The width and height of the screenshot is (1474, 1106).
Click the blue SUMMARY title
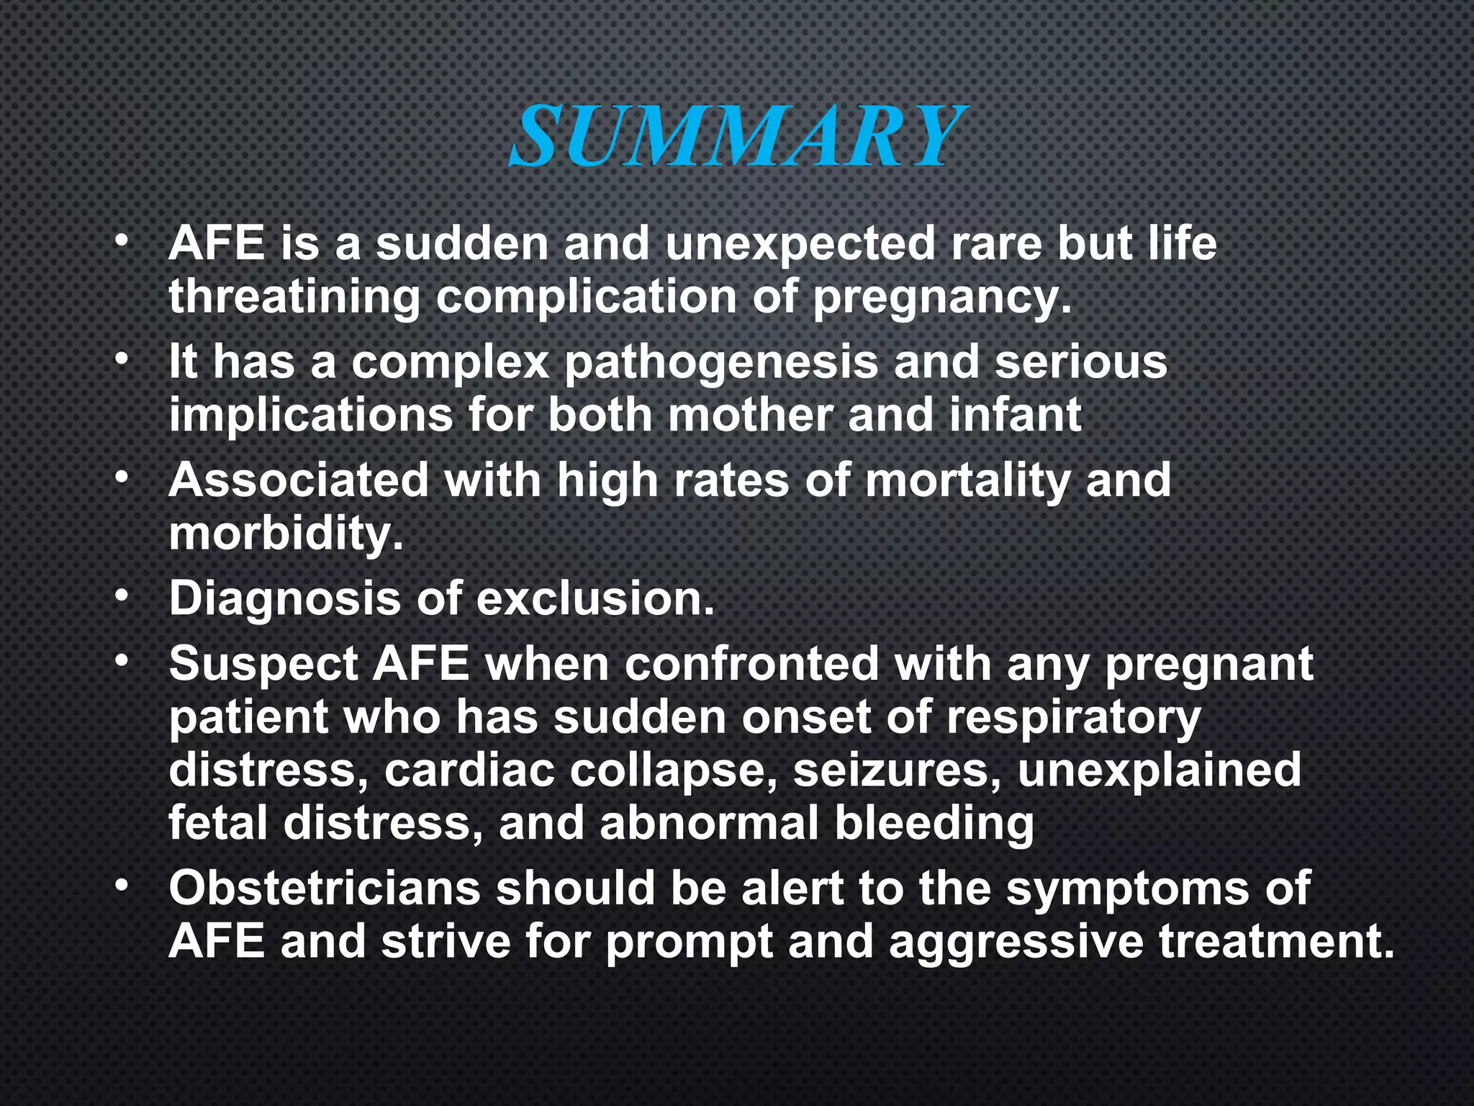[x=737, y=135]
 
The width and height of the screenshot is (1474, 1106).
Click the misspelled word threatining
[x=294, y=297]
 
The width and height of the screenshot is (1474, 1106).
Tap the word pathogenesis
[x=721, y=361]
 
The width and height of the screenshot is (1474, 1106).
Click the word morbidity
[x=286, y=534]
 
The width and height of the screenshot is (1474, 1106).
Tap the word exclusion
[x=595, y=599]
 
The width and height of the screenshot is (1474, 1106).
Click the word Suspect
[x=263, y=664]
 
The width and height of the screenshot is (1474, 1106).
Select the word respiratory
[x=1073, y=719]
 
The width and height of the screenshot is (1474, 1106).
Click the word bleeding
[x=933, y=824]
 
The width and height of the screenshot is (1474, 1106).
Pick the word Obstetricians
[x=325, y=889]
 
